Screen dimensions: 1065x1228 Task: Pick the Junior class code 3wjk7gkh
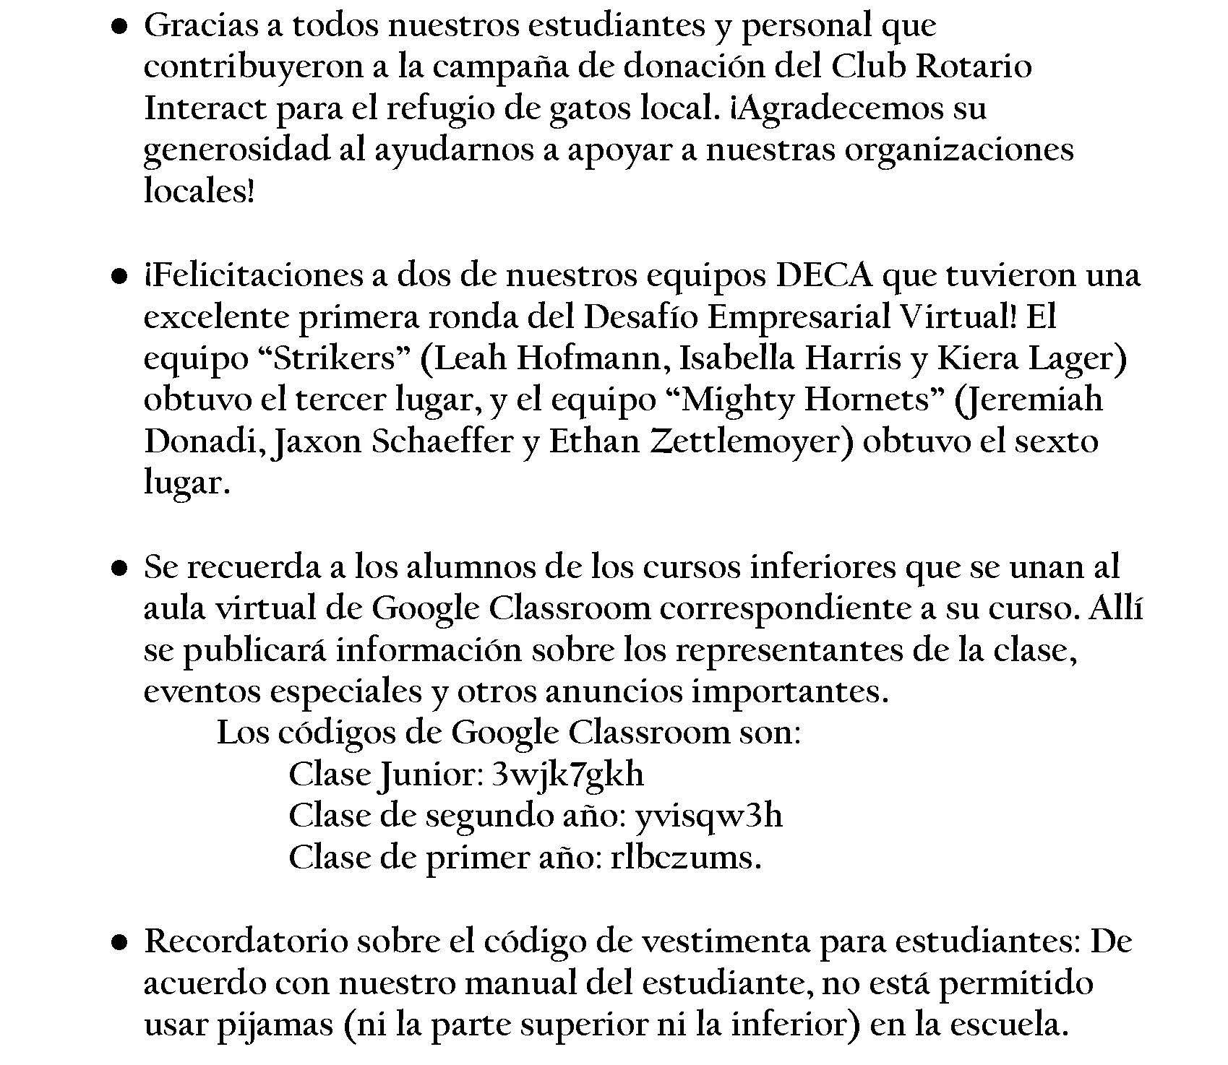(567, 775)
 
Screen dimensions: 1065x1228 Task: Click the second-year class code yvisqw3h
(708, 817)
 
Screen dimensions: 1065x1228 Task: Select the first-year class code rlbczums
(686, 858)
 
